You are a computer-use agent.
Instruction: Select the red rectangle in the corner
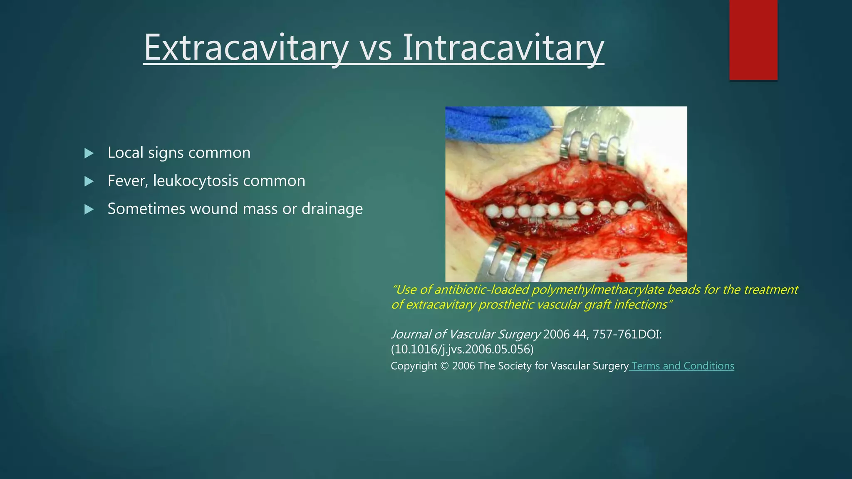pyautogui.click(x=753, y=40)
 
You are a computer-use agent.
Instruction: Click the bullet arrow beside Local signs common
pyautogui.click(x=89, y=153)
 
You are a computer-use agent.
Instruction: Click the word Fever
pyautogui.click(x=126, y=181)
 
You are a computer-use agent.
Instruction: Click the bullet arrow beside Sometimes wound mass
pyautogui.click(x=89, y=209)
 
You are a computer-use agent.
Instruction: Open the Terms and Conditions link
pyautogui.click(x=682, y=366)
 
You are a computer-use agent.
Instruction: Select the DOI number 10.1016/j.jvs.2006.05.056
pyautogui.click(x=462, y=349)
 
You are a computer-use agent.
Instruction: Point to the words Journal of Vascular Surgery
pyautogui.click(x=466, y=334)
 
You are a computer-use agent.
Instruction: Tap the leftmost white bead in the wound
pyautogui.click(x=492, y=211)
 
